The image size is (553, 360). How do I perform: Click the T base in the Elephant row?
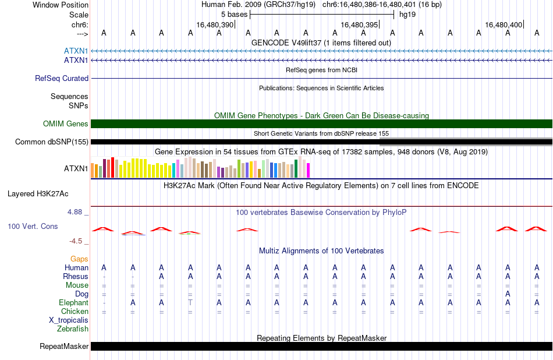pyautogui.click(x=190, y=302)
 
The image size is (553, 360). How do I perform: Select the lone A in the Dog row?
pyautogui.click(x=508, y=294)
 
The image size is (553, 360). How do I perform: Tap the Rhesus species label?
pyautogui.click(x=76, y=276)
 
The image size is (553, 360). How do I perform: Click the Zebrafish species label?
pyautogui.click(x=73, y=329)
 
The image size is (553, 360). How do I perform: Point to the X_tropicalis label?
pyautogui.click(x=69, y=320)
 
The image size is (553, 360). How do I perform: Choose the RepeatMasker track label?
pyautogui.click(x=64, y=346)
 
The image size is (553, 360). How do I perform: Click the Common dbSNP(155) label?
pyautogui.click(x=51, y=142)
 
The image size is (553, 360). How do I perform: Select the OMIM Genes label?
pyautogui.click(x=65, y=123)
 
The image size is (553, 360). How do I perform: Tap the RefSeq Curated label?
pyautogui.click(x=61, y=79)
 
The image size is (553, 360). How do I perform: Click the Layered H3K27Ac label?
pyautogui.click(x=38, y=194)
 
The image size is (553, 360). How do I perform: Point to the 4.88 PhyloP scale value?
pyautogui.click(x=75, y=212)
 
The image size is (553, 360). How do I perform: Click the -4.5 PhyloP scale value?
pyautogui.click(x=76, y=241)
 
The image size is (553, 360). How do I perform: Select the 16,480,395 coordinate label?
pyautogui.click(x=359, y=24)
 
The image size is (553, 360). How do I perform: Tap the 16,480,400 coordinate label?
pyautogui.click(x=504, y=24)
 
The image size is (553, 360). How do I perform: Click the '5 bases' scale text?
pyautogui.click(x=234, y=15)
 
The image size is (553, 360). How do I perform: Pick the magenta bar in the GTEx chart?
pyautogui.click(x=308, y=170)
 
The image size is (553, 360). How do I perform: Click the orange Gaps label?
pyautogui.click(x=79, y=259)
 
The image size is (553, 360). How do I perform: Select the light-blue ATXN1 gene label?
pyautogui.click(x=76, y=51)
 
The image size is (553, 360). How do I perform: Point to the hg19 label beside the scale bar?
pyautogui.click(x=407, y=15)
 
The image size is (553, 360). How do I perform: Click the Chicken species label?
pyautogui.click(x=75, y=311)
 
